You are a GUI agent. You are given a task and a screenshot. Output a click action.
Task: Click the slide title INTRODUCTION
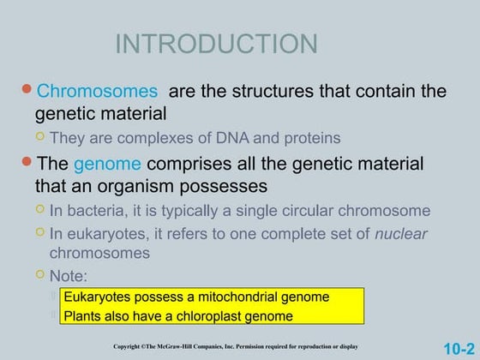pyautogui.click(x=216, y=44)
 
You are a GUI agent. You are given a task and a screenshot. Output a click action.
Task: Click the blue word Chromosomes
pyautogui.click(x=97, y=91)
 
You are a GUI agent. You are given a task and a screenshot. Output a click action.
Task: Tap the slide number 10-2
pyautogui.click(x=459, y=348)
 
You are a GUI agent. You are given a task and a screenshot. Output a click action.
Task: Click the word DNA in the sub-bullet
pyautogui.click(x=225, y=138)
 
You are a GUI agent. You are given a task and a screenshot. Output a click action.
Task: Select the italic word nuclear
pyautogui.click(x=401, y=233)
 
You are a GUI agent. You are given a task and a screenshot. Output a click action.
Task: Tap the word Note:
pyautogui.click(x=69, y=275)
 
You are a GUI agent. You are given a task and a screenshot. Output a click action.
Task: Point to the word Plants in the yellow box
pyautogui.click(x=83, y=316)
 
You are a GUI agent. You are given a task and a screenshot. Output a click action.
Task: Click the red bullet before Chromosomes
pyautogui.click(x=27, y=89)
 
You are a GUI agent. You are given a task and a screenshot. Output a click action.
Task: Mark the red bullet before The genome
pyautogui.click(x=27, y=162)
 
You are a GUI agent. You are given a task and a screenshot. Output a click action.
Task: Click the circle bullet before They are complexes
pyautogui.click(x=39, y=137)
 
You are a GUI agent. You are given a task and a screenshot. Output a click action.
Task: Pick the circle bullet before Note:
pyautogui.click(x=39, y=274)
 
